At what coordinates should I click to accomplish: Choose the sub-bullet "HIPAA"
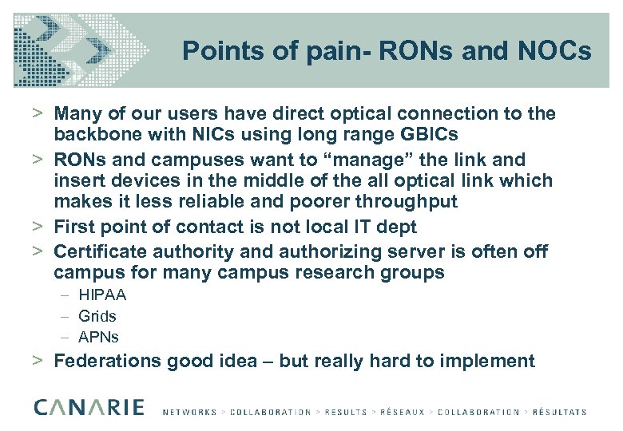click(x=102, y=295)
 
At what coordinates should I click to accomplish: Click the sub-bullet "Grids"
click(x=97, y=316)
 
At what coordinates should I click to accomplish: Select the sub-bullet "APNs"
click(x=98, y=337)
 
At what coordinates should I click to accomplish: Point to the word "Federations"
click(x=108, y=361)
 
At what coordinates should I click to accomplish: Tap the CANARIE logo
click(x=89, y=407)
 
